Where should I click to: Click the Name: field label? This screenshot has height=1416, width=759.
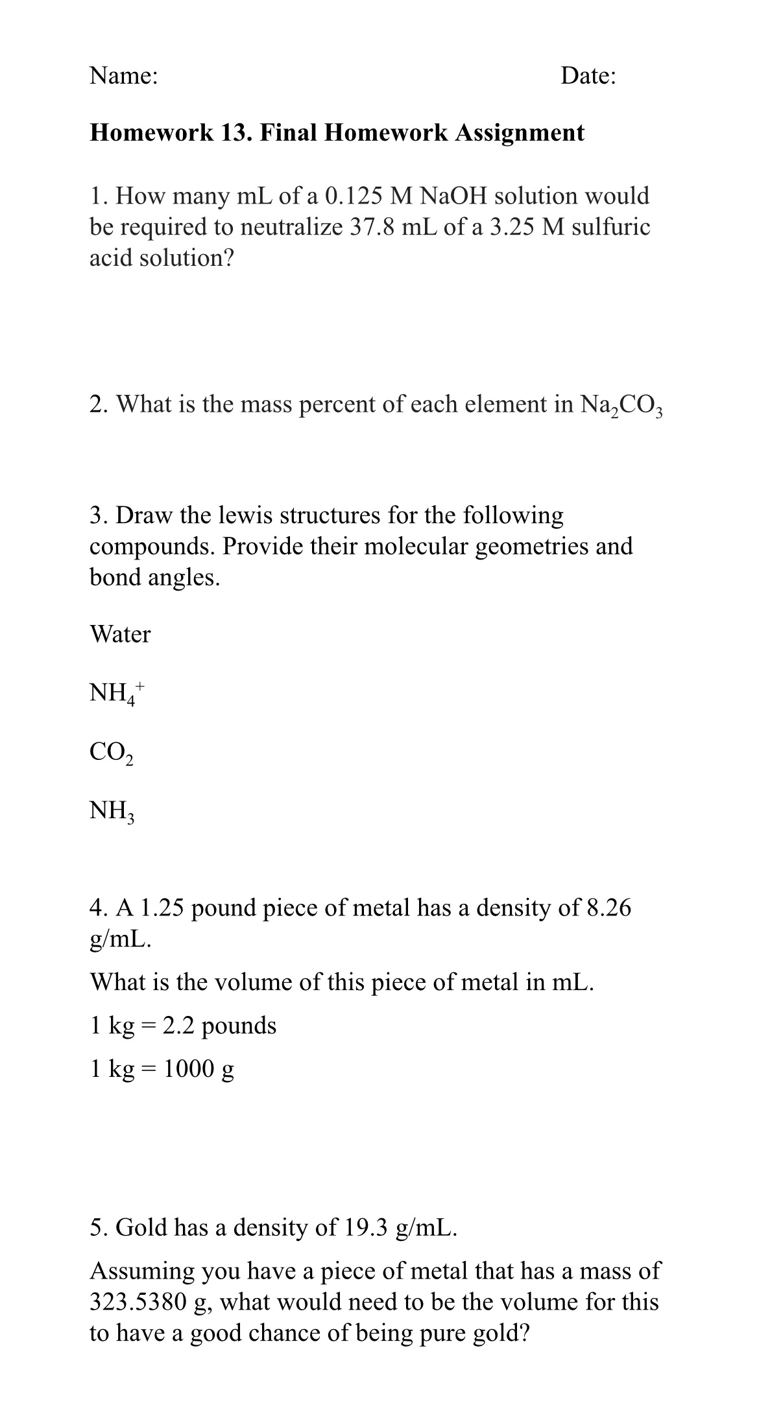(x=123, y=76)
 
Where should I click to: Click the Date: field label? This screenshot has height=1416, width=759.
(x=588, y=76)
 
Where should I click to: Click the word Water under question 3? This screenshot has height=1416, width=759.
(x=120, y=634)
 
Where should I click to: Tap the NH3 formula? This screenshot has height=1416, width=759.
(x=112, y=811)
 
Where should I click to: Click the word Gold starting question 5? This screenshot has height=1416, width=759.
(x=143, y=1227)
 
